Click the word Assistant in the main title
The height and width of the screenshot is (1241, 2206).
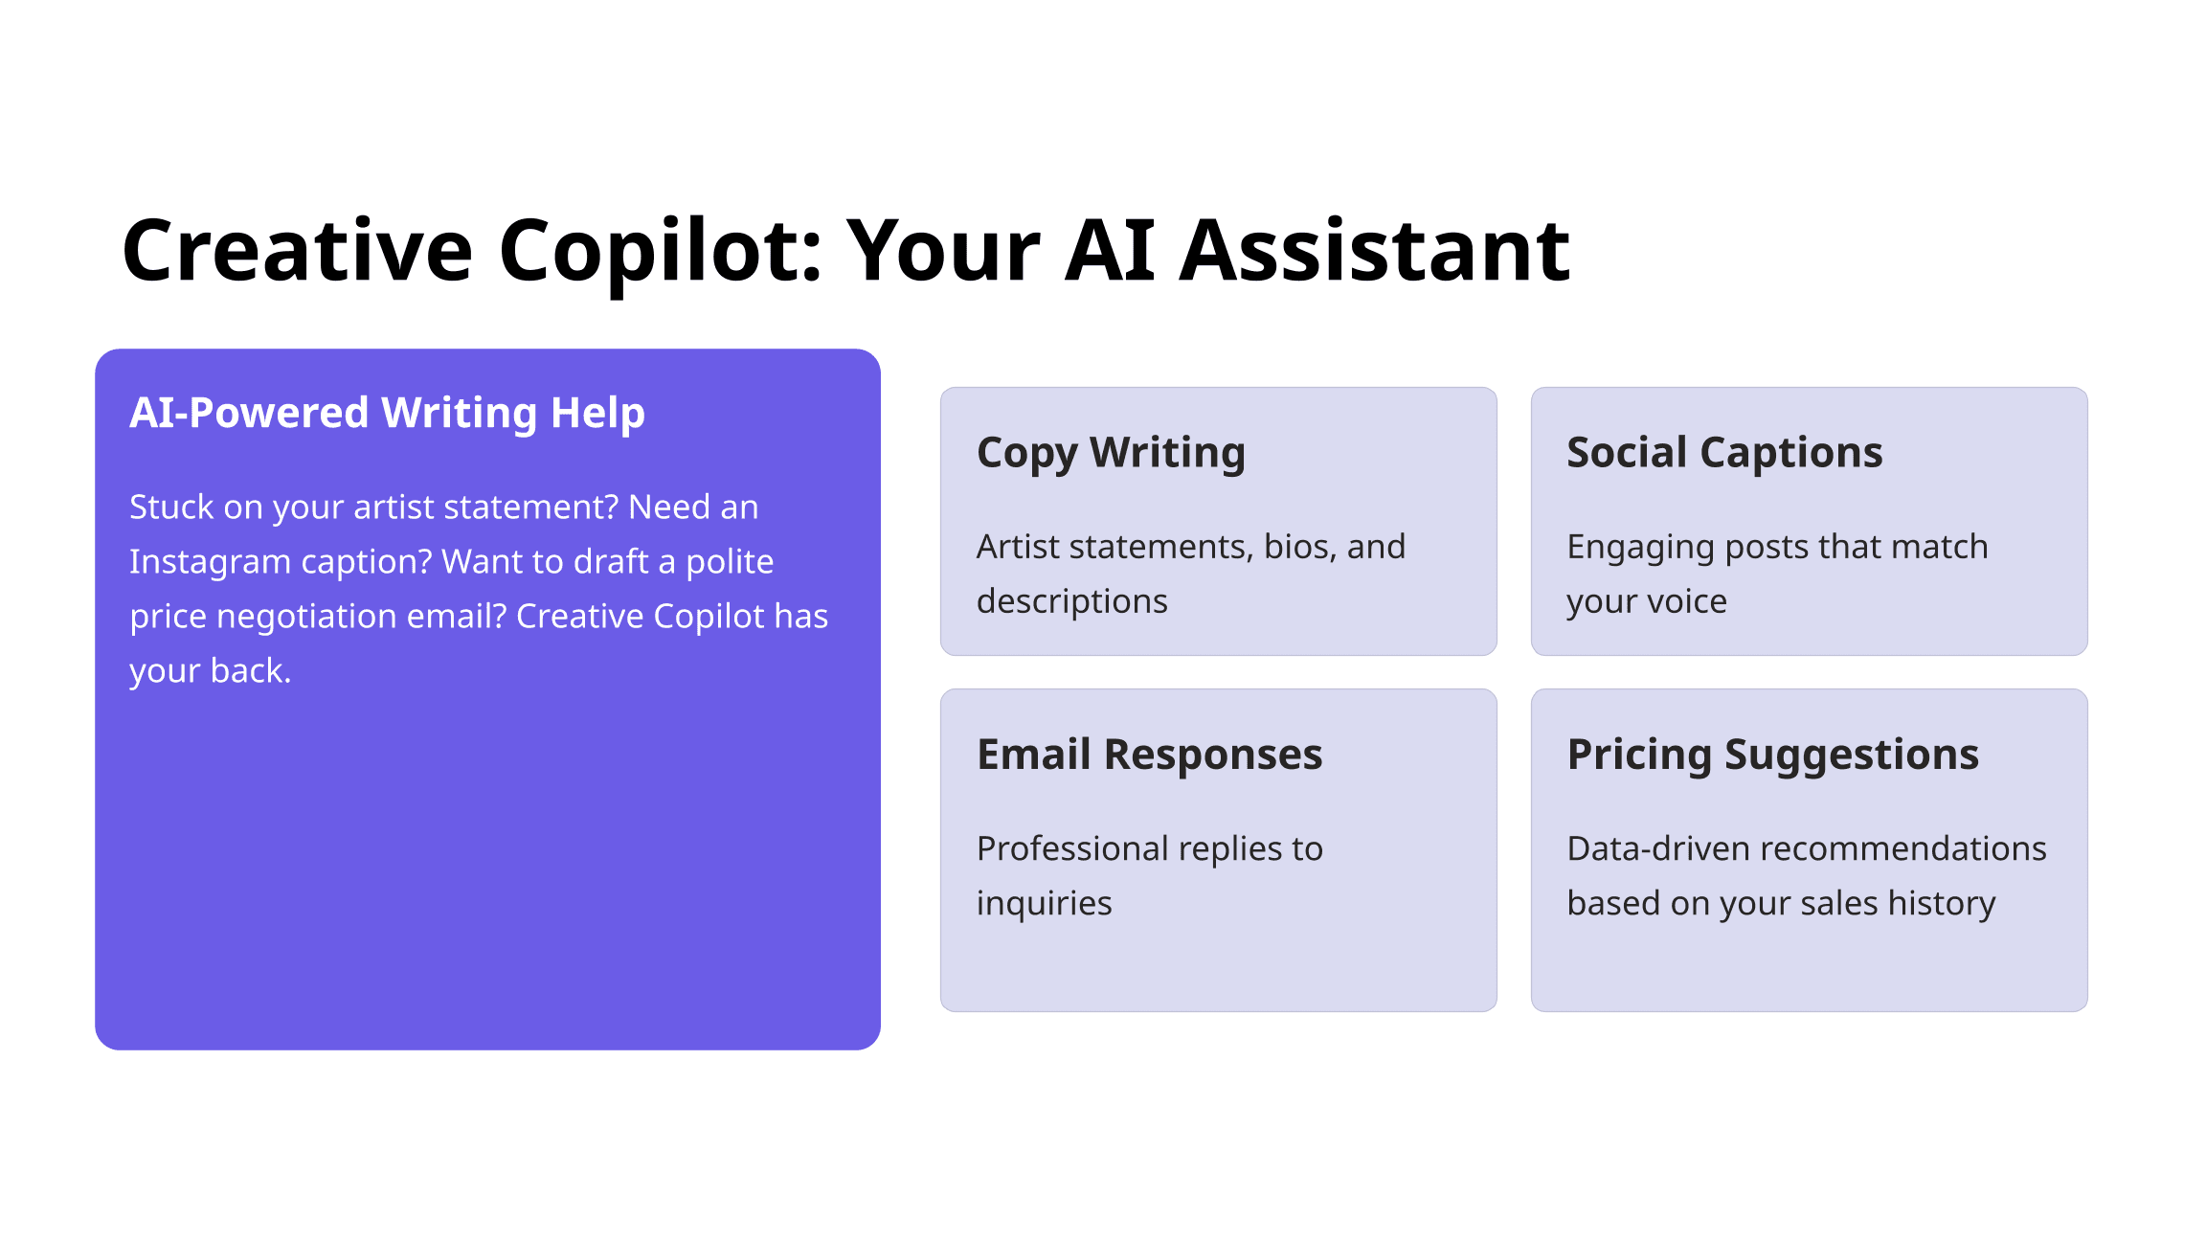(1374, 251)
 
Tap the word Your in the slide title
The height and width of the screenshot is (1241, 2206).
(944, 251)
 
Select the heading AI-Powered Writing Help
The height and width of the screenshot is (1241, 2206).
(387, 414)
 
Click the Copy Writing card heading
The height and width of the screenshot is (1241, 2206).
(1111, 453)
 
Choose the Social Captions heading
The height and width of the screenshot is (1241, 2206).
(1724, 453)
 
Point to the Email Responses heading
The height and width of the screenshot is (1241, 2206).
(1149, 755)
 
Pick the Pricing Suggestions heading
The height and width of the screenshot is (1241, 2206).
(1772, 755)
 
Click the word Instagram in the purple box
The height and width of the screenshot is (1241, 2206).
(210, 562)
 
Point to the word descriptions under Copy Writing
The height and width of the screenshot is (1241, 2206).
(1072, 601)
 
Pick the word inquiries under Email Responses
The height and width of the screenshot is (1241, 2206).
(1045, 904)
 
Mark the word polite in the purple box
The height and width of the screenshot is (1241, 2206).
(730, 562)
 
